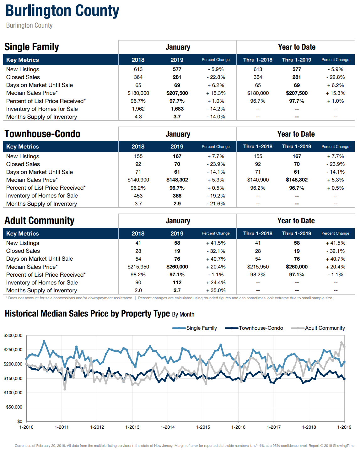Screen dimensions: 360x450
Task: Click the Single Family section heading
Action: click(x=32, y=47)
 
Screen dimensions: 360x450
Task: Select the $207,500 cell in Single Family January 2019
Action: click(x=177, y=93)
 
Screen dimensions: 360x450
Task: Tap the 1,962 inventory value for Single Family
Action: click(x=138, y=109)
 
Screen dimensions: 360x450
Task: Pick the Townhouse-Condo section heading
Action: click(x=42, y=134)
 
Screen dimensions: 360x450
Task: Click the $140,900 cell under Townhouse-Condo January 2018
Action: click(x=138, y=180)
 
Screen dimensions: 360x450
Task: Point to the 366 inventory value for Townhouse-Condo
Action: click(x=177, y=196)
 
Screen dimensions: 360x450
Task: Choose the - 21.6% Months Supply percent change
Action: click(x=216, y=204)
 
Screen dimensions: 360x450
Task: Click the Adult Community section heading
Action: click(x=40, y=221)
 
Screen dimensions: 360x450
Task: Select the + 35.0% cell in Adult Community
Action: click(x=216, y=290)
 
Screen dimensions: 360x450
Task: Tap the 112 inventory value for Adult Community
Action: click(x=177, y=283)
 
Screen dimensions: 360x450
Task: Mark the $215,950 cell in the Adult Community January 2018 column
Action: click(x=138, y=267)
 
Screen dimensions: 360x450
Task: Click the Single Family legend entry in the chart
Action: click(x=194, y=328)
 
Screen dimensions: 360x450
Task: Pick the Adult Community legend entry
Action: click(x=318, y=328)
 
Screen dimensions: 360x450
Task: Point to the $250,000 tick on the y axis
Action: click(x=13, y=350)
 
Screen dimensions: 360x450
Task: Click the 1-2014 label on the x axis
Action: click(x=168, y=427)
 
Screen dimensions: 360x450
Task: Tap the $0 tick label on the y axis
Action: click(x=20, y=421)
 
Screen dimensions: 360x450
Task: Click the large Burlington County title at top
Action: click(x=62, y=11)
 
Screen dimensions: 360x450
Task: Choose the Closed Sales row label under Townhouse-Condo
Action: click(x=23, y=164)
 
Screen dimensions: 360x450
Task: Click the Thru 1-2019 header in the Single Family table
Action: click(x=297, y=60)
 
